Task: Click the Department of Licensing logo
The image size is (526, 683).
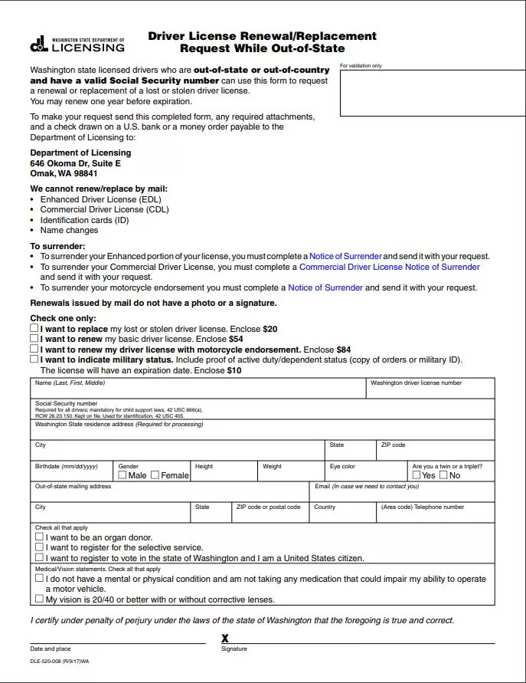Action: point(77,44)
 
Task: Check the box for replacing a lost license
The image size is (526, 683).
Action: point(34,328)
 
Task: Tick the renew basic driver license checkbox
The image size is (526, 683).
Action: point(34,338)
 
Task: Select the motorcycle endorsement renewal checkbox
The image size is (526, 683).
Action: point(34,348)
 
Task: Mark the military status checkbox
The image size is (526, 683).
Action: point(34,358)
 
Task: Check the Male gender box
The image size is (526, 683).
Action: point(123,475)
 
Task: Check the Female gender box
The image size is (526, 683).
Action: point(155,475)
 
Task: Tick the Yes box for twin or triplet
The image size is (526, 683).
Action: point(417,475)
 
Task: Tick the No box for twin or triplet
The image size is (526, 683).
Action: point(443,475)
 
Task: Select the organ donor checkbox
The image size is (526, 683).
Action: point(40,537)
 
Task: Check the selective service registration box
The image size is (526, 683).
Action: point(40,547)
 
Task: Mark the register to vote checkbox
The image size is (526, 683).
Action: point(40,558)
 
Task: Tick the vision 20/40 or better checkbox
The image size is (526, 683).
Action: point(40,599)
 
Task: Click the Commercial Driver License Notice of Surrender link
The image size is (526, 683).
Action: point(389,267)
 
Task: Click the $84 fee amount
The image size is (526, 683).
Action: point(344,350)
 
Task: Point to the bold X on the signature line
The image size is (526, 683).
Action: point(225,639)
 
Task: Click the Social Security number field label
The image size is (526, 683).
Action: point(66,403)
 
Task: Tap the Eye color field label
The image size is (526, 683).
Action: point(342,466)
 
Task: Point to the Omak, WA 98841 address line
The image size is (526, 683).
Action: point(64,173)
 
